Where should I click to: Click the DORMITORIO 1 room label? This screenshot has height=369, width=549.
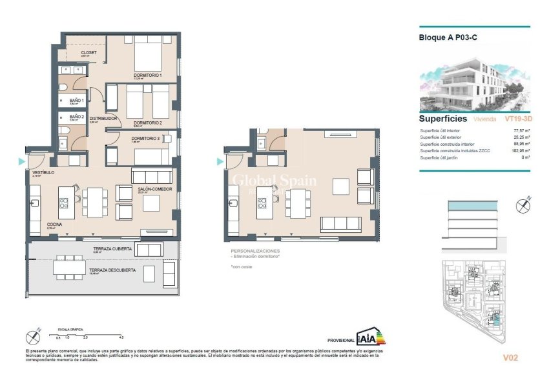tap(147, 76)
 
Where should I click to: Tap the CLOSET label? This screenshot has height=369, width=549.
tap(89, 52)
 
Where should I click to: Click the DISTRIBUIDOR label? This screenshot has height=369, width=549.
tap(103, 119)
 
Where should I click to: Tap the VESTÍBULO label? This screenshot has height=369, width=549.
tap(43, 173)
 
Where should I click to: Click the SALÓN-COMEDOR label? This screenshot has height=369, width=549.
tap(154, 190)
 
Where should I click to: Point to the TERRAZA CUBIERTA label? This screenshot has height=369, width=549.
tap(113, 248)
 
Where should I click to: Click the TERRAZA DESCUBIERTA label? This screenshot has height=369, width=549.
tap(112, 270)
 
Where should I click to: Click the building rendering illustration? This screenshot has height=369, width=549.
tap(475, 79)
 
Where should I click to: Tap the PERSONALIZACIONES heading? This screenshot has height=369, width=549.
tap(256, 250)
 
